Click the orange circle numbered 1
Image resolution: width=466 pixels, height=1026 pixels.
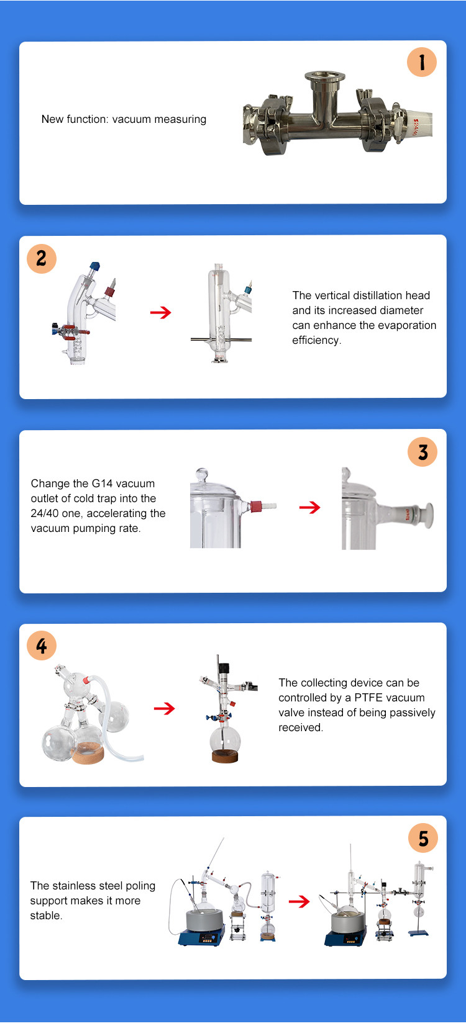(x=421, y=62)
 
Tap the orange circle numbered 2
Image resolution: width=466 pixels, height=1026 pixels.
(x=42, y=258)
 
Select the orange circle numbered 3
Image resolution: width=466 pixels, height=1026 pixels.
(x=423, y=452)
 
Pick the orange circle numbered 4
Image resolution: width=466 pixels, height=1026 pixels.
(x=42, y=646)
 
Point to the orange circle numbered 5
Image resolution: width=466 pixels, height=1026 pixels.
(x=423, y=838)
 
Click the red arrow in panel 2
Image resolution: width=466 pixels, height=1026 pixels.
(x=160, y=313)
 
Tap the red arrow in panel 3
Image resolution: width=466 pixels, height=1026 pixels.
(x=309, y=507)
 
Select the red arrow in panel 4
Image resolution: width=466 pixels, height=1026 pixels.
(x=164, y=709)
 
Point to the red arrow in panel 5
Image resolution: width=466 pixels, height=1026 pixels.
(x=299, y=901)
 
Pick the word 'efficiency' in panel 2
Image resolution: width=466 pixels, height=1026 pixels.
(x=316, y=340)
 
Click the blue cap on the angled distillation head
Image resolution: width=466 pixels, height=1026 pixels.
(x=94, y=266)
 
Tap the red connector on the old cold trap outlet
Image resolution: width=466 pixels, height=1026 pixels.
(x=256, y=506)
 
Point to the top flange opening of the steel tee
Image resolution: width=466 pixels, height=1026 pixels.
(x=325, y=76)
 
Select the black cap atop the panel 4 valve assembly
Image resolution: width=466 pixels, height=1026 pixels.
(x=223, y=667)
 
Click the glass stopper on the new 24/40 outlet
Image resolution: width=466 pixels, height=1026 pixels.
(x=427, y=516)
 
